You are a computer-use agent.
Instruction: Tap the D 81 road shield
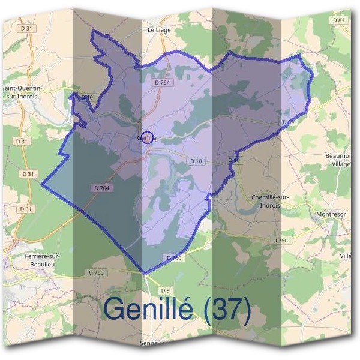point(339,20)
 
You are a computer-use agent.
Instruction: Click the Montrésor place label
point(329,214)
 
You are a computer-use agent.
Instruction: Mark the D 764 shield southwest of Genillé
point(103,188)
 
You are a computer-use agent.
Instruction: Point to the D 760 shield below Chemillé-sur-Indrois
point(280,240)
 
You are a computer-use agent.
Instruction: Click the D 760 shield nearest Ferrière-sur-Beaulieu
point(97,273)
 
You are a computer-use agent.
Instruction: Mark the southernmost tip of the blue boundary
point(145,273)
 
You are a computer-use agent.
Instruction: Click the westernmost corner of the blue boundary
point(41,184)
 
